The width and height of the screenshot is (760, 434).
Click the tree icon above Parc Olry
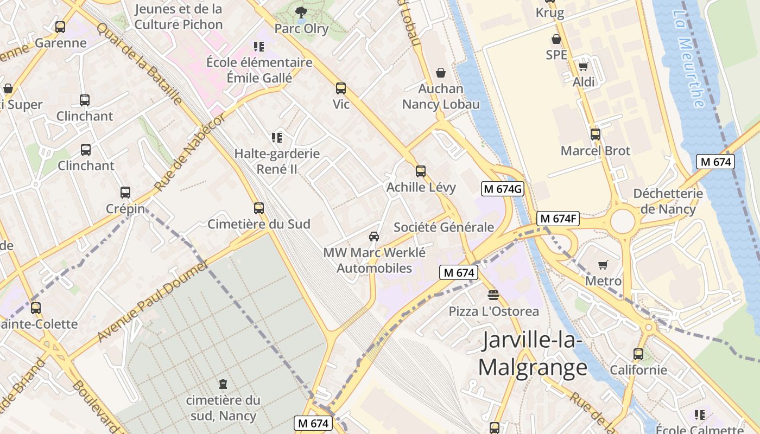301,12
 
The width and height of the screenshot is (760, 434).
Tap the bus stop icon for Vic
341,88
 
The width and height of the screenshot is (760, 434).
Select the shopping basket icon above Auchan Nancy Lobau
441,73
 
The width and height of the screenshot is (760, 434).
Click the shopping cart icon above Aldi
584,66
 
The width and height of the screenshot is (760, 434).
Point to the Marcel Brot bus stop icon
596,135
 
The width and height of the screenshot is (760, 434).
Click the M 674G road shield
503,189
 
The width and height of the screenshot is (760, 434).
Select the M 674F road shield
558,219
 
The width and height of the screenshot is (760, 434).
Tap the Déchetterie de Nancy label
668,201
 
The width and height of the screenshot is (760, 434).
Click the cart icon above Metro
603,265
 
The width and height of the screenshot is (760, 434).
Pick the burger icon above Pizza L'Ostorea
493,295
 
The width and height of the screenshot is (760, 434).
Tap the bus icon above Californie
638,354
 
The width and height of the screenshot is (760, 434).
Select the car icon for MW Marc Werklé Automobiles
374,237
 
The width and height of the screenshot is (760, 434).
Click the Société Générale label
444,227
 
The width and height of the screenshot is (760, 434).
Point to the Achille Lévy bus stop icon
421,171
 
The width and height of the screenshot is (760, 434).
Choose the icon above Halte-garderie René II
277,138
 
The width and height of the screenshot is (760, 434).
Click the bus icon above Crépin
125,193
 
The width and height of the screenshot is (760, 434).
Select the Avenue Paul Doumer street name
153,302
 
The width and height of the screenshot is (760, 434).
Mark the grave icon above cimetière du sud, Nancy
223,384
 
